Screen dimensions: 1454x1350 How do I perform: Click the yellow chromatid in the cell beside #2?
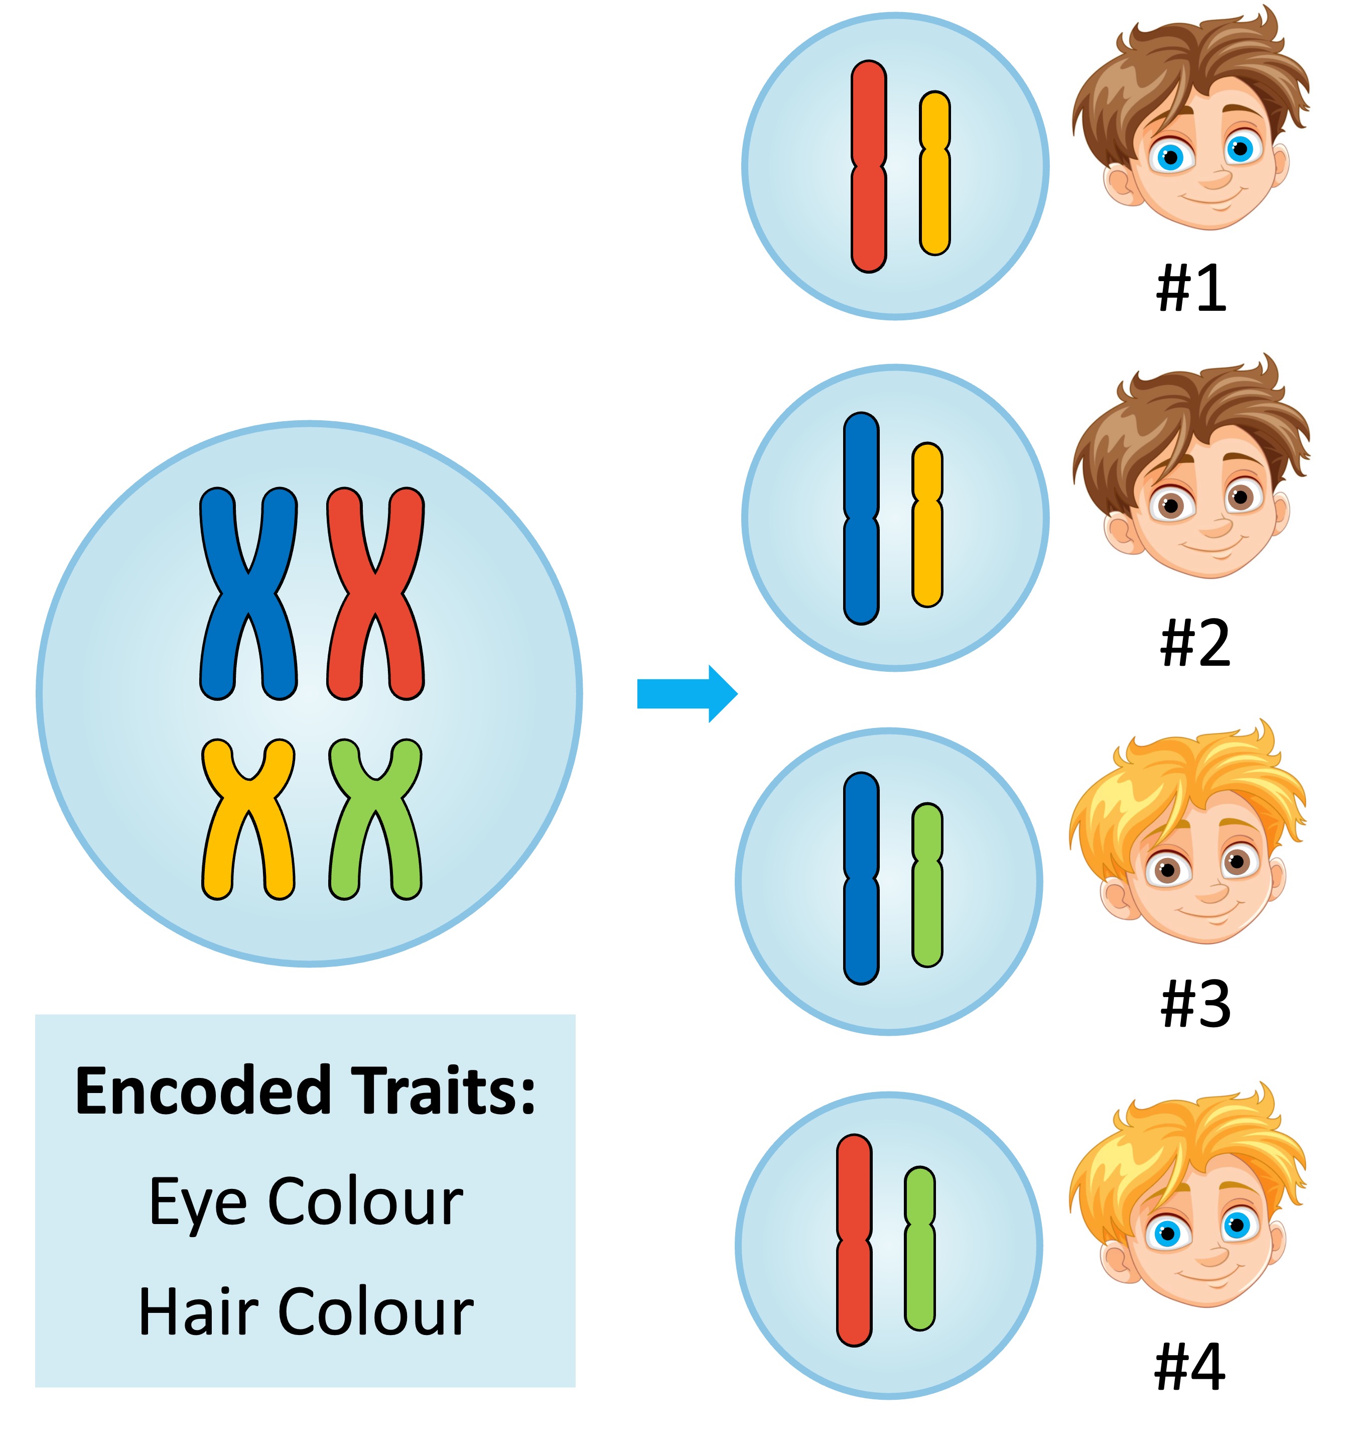pyautogui.click(x=927, y=555)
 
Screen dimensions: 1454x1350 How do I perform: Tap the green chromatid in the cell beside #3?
pyautogui.click(x=927, y=913)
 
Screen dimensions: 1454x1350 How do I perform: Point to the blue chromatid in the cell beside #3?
pyautogui.click(x=861, y=928)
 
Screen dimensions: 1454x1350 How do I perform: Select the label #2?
pyautogui.click(x=1194, y=643)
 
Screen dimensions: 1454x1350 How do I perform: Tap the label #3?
pyautogui.click(x=1194, y=1005)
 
